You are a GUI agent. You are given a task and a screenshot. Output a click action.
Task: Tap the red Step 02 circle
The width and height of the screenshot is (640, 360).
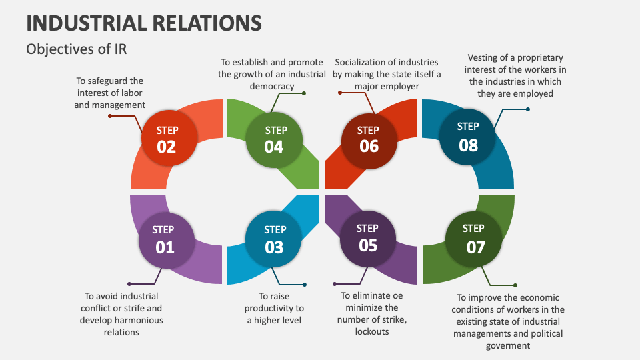click(x=167, y=138)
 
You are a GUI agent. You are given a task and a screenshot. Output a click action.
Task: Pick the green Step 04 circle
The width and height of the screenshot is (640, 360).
click(x=274, y=138)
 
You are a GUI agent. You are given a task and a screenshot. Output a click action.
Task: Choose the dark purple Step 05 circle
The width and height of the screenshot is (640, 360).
click(x=368, y=238)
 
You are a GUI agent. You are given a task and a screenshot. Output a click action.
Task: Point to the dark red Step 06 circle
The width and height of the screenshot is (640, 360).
click(x=369, y=138)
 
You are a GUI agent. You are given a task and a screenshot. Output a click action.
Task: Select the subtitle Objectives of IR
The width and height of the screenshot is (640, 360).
click(x=76, y=49)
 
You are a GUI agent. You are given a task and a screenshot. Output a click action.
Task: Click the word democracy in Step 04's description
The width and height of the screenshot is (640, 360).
click(x=271, y=86)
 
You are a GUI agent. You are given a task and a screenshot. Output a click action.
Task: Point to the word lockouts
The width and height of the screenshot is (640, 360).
click(x=372, y=331)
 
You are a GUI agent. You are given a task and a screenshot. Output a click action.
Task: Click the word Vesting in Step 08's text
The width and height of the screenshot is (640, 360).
click(x=483, y=57)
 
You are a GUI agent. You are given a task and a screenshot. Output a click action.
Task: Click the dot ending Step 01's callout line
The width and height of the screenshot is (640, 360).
click(x=129, y=284)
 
